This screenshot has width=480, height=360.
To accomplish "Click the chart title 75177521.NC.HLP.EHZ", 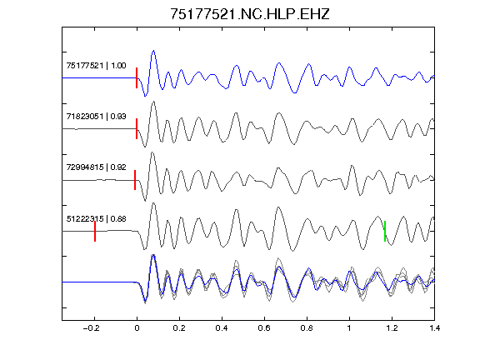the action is (249, 14).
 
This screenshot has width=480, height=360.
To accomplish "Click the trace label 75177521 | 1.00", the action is (96, 66).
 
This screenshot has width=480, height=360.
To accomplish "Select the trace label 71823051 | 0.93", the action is (96, 117).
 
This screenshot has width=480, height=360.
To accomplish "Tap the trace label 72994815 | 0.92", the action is (96, 167).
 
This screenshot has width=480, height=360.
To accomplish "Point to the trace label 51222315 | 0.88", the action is (96, 218).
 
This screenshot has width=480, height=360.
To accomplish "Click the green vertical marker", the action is (385, 231).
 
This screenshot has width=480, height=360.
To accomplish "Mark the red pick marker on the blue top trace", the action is (137, 78).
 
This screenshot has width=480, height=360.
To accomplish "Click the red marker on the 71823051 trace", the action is (137, 129).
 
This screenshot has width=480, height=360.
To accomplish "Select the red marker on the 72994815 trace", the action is (135, 180).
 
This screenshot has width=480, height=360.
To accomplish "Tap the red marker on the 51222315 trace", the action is (95, 232).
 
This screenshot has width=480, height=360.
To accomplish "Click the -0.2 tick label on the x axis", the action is (91, 328).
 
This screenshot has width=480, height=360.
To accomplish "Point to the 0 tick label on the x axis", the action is (137, 328).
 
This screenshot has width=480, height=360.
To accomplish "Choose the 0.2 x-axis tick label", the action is (179, 328).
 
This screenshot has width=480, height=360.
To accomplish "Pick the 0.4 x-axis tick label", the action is (222, 328).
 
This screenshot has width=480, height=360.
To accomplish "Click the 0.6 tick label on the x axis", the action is (264, 328).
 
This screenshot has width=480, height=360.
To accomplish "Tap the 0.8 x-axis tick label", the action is (307, 328).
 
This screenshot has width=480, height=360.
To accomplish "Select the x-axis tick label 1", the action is (349, 328).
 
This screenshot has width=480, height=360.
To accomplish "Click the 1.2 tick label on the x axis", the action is (392, 328).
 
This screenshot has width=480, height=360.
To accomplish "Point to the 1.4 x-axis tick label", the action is (434, 328).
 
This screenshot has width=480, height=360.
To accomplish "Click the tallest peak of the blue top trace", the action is (153, 51).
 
